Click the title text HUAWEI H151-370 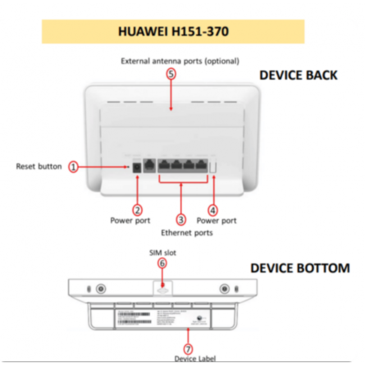(173, 31)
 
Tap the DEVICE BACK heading (298, 75)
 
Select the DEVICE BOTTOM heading (300, 268)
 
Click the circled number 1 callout (74, 166)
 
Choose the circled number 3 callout (181, 219)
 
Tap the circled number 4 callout (213, 210)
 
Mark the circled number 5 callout (171, 74)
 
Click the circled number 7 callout (188, 348)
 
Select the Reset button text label (39, 166)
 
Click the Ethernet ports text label (187, 232)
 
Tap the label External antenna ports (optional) (180, 61)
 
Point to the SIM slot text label (162, 253)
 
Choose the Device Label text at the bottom (194, 358)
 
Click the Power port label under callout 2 (130, 221)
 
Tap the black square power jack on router (136, 167)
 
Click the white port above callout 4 (213, 167)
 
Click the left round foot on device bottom (101, 289)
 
